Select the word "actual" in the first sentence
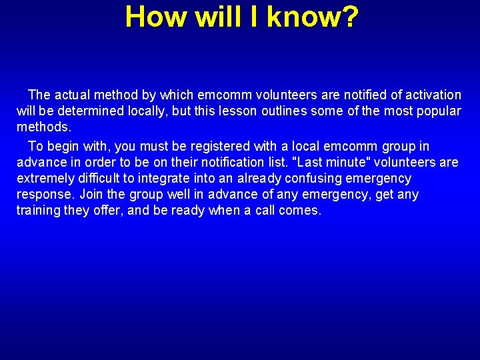[73, 95]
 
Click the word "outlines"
[283, 111]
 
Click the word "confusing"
[315, 179]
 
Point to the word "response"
[44, 195]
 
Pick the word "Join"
[92, 195]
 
